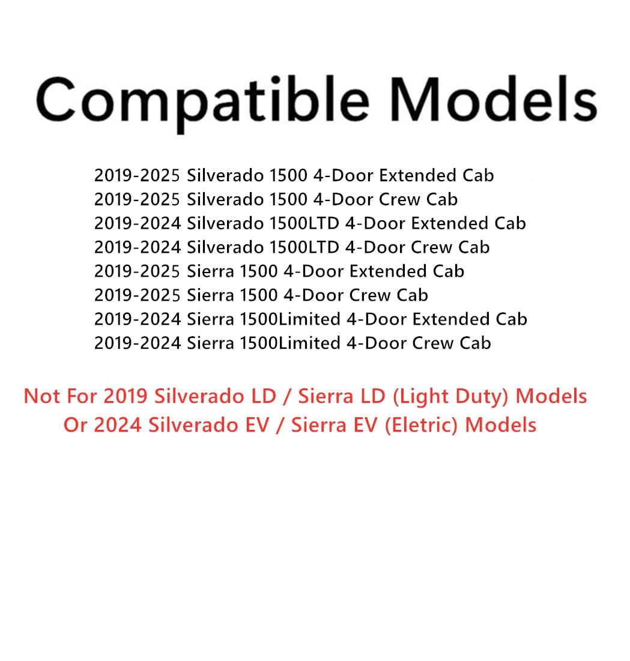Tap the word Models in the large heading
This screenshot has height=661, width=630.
496,100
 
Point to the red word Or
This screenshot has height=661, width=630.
75,425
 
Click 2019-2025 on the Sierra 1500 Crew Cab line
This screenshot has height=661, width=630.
137,295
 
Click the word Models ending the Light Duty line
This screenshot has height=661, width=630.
551,396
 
